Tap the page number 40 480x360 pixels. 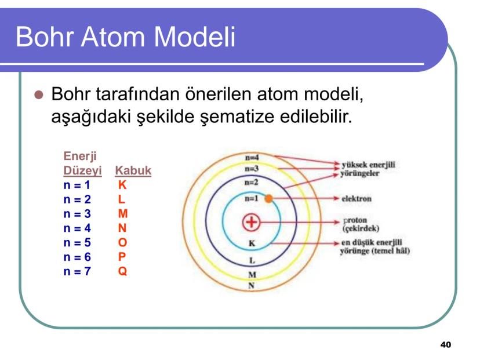(445, 345)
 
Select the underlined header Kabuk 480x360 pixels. (133, 171)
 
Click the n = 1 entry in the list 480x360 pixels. (77, 186)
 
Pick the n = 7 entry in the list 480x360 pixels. (77, 270)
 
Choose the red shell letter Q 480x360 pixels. (122, 270)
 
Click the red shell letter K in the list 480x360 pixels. (122, 186)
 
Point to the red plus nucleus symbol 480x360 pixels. (251, 223)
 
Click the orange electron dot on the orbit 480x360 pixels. (268, 199)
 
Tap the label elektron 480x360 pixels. (357, 199)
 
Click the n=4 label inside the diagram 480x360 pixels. (252, 157)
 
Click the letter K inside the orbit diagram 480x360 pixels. (252, 243)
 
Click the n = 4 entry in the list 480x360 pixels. (77, 228)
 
